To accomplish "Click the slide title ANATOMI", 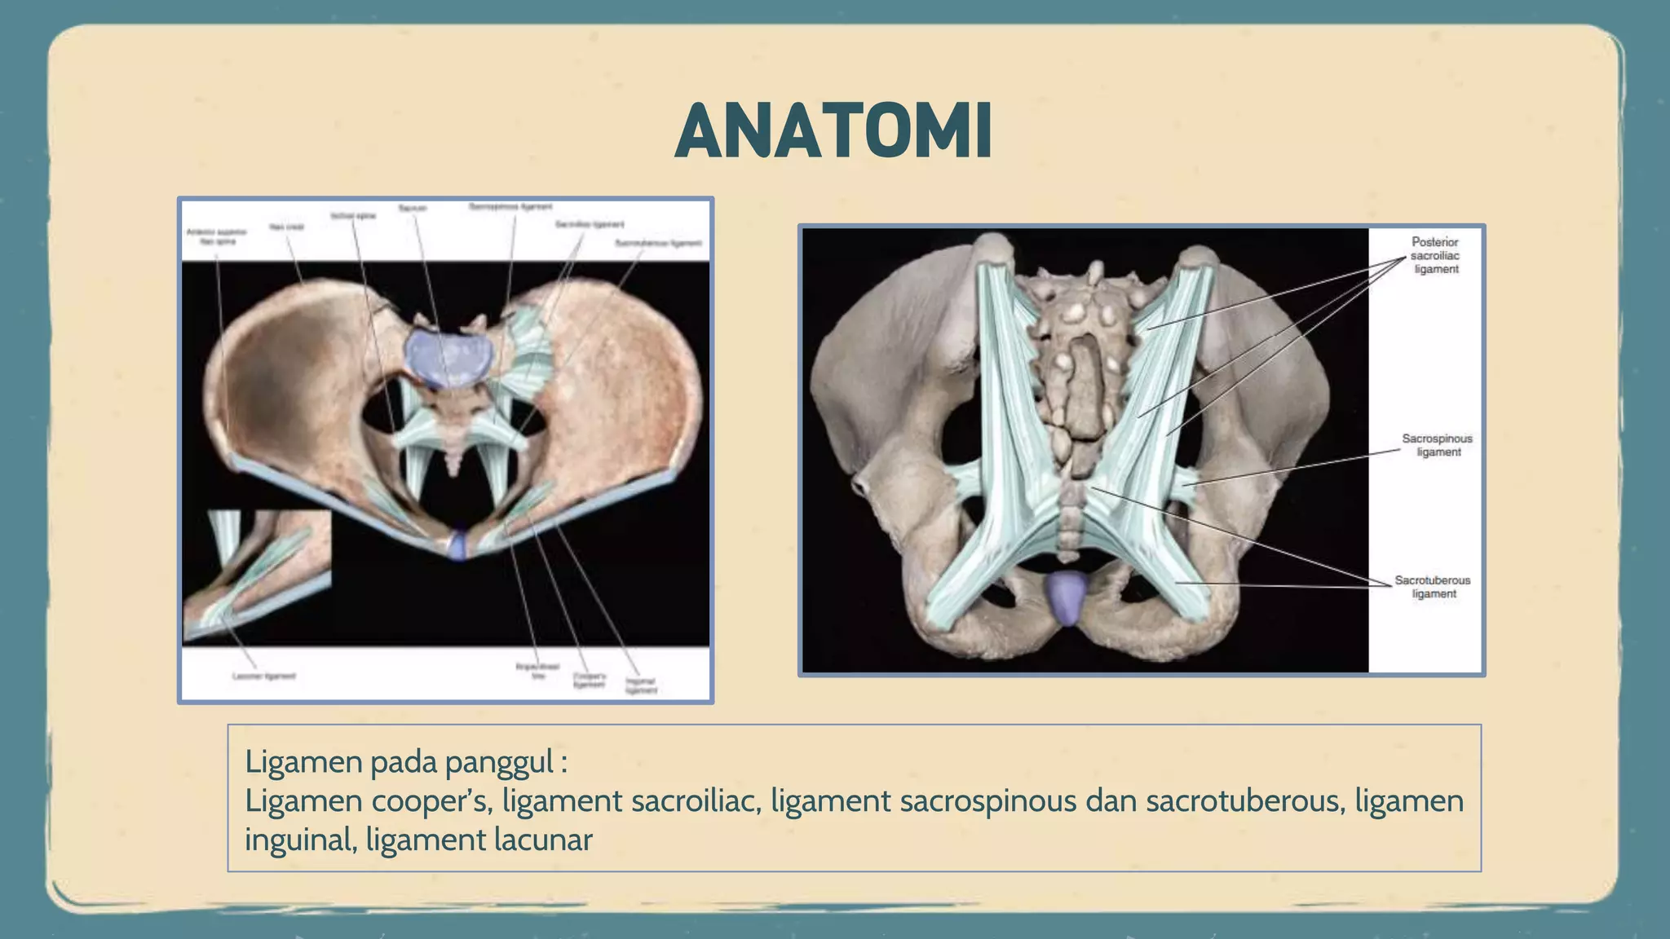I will click(x=833, y=131).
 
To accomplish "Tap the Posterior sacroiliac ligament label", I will click(x=1435, y=255).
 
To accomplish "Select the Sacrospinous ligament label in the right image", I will click(x=1437, y=445).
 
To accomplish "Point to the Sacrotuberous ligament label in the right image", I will click(x=1433, y=587).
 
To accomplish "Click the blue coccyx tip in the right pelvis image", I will click(x=1067, y=597).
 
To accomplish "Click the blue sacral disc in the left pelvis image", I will click(x=448, y=357).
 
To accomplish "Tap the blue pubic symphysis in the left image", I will click(x=458, y=544).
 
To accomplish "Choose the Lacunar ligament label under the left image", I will click(x=263, y=676).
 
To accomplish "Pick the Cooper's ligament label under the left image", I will click(x=589, y=680).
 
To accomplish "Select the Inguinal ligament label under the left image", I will click(x=641, y=686).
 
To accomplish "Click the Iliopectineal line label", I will click(x=537, y=671).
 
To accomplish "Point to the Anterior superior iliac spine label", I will click(x=216, y=236).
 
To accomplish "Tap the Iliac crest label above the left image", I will click(x=286, y=227).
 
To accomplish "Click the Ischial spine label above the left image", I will click(x=353, y=216).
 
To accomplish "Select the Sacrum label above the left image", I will click(x=413, y=209).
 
